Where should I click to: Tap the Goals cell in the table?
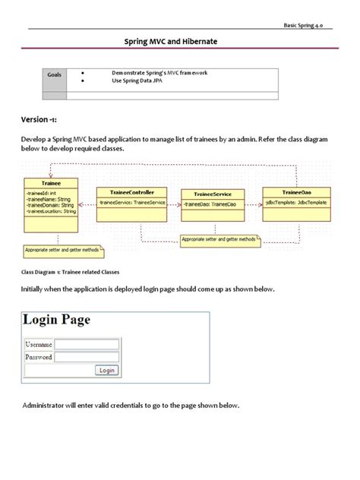(55, 75)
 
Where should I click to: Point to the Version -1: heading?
(40, 120)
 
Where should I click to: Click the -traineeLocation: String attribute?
(52, 210)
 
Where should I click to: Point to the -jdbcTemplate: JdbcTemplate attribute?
(295, 203)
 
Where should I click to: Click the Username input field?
(87, 344)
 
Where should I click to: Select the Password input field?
(87, 356)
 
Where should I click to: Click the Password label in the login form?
(39, 356)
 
